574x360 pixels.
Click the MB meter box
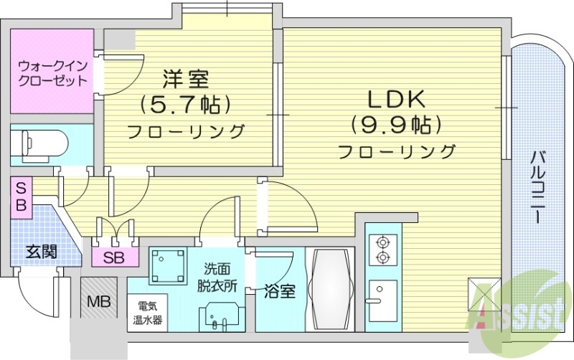98,302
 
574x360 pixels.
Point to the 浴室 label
278,292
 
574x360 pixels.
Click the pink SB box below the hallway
114,257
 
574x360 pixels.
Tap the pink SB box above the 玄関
22,196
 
